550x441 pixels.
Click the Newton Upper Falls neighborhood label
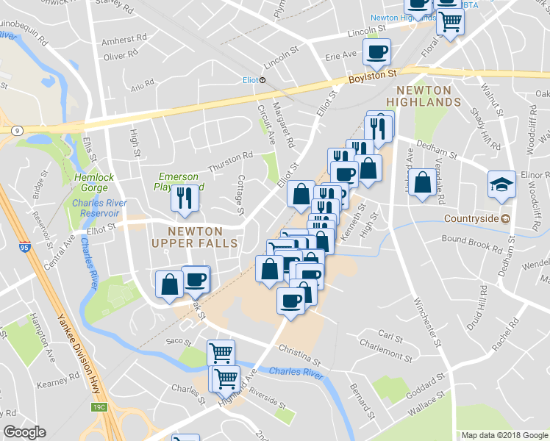pos(194,236)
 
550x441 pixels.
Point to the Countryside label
pos(471,218)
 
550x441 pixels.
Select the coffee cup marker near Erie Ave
pos(377,51)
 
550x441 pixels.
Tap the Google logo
pos(24,432)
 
